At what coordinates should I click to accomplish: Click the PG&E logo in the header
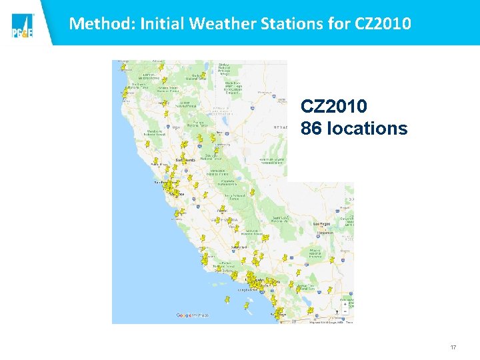[x=22, y=26]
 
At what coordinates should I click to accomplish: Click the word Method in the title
[x=95, y=24]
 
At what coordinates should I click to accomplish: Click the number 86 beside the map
[x=311, y=128]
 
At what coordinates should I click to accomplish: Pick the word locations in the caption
[x=366, y=128]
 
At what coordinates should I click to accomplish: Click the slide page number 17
[x=453, y=347]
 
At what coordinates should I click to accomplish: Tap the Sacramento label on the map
[x=185, y=161]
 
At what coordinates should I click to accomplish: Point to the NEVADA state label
[x=280, y=126]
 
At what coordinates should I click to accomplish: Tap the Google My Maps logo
[x=192, y=315]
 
